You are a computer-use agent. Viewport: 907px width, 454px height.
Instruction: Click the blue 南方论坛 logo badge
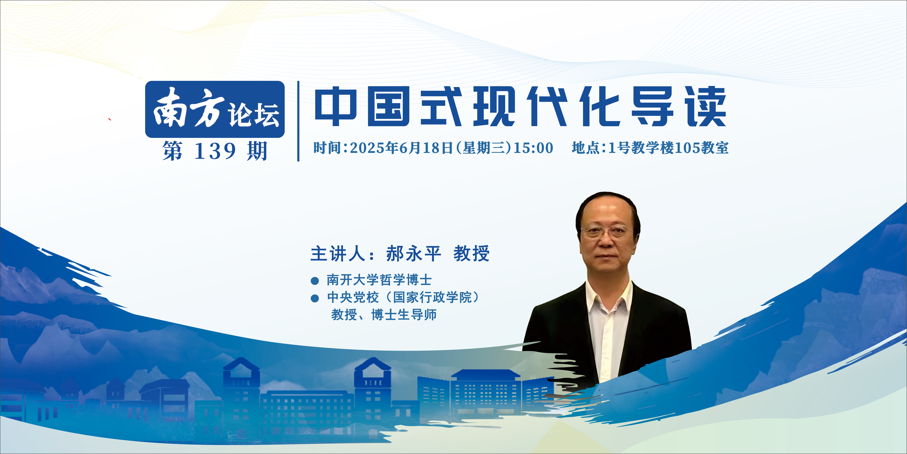215,109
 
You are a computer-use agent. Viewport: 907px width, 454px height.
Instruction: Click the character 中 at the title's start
336,106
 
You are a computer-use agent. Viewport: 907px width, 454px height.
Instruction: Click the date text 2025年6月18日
401,148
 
